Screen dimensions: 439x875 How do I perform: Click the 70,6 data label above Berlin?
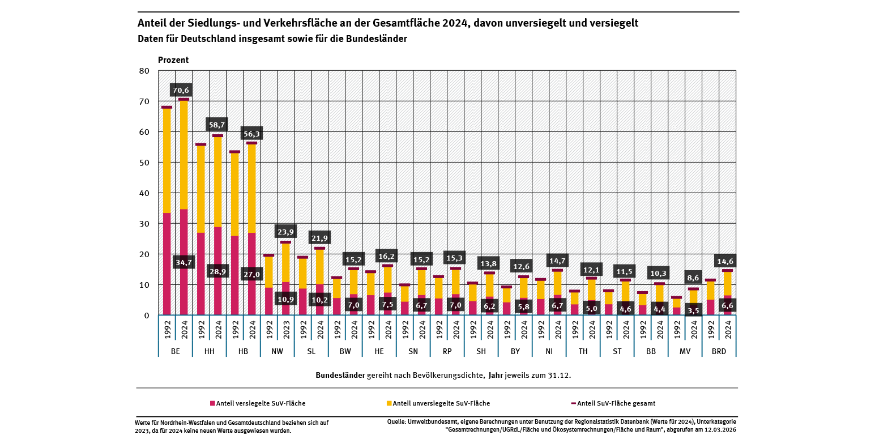[x=181, y=90]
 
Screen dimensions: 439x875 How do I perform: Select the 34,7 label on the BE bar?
[x=184, y=263]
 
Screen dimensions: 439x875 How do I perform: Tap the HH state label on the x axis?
[x=210, y=351]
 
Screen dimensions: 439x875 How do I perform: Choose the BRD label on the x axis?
[x=719, y=351]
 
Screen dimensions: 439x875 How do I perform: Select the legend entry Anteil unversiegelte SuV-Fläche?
[x=441, y=403]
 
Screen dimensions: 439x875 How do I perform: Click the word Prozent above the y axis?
[x=173, y=60]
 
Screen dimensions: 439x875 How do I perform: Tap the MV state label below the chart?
[x=685, y=351]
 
